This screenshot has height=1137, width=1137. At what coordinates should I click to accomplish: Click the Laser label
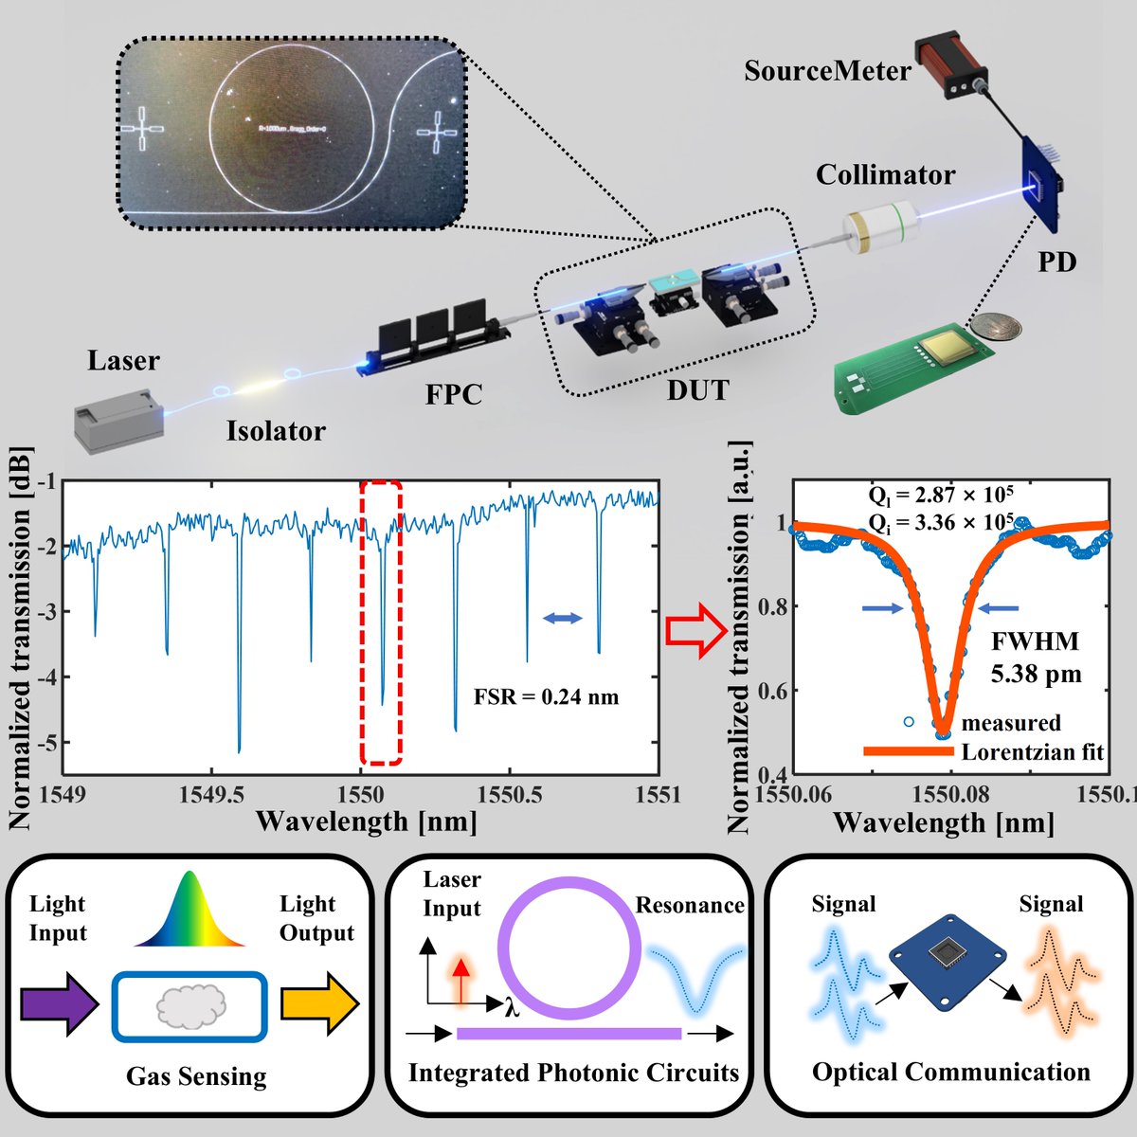coord(123,361)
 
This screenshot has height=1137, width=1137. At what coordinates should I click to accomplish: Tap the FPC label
coord(453,393)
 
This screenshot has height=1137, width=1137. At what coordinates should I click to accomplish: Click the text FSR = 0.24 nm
coord(546,697)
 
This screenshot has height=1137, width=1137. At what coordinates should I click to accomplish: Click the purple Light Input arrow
coord(57,1003)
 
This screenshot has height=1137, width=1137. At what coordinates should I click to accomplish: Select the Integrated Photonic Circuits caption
coord(573,1073)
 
